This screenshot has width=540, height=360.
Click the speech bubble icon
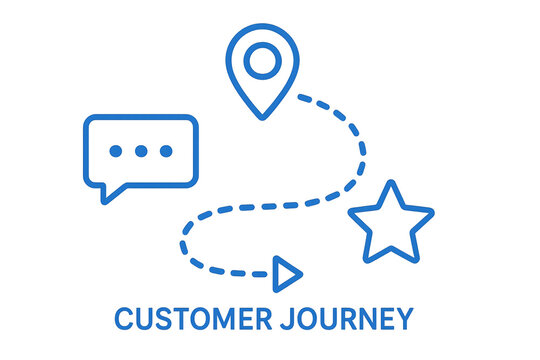pos(140,152)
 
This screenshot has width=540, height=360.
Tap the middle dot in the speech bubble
pos(140,151)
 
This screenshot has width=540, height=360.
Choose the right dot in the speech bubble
pos(165,151)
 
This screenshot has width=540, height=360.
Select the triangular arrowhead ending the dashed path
pos(287,272)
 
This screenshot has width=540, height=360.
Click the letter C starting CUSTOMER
pos(123,319)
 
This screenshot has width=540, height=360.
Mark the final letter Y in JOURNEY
pos(403,319)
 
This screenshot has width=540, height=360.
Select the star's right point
pos(431,213)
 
